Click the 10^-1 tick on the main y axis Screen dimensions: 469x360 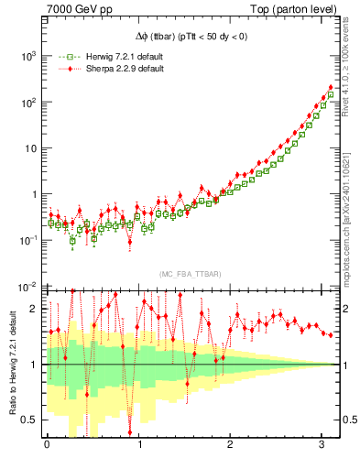click(x=26, y=240)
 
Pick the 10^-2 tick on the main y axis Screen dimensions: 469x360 click(x=26, y=286)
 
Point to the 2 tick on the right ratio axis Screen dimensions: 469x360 click(x=341, y=309)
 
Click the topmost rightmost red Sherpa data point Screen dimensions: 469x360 click(x=331, y=88)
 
